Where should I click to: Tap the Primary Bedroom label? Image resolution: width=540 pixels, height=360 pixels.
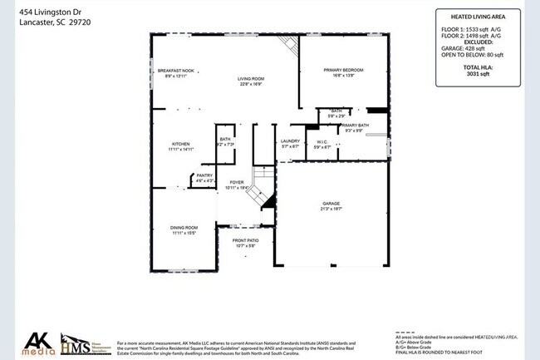click(343, 71)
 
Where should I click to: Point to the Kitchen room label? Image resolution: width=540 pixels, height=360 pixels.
click(181, 144)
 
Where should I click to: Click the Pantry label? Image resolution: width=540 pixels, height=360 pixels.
click(204, 175)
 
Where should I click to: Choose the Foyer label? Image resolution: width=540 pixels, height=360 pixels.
click(237, 182)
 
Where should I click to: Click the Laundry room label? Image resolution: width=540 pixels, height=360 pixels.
click(290, 141)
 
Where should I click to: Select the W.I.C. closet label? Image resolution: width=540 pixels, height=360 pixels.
click(323, 142)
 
